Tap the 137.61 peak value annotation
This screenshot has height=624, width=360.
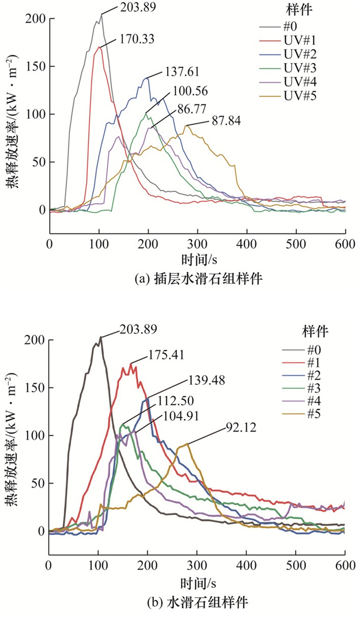point(182,72)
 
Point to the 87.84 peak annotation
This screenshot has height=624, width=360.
point(226,121)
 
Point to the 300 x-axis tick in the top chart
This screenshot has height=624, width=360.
point(197,243)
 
